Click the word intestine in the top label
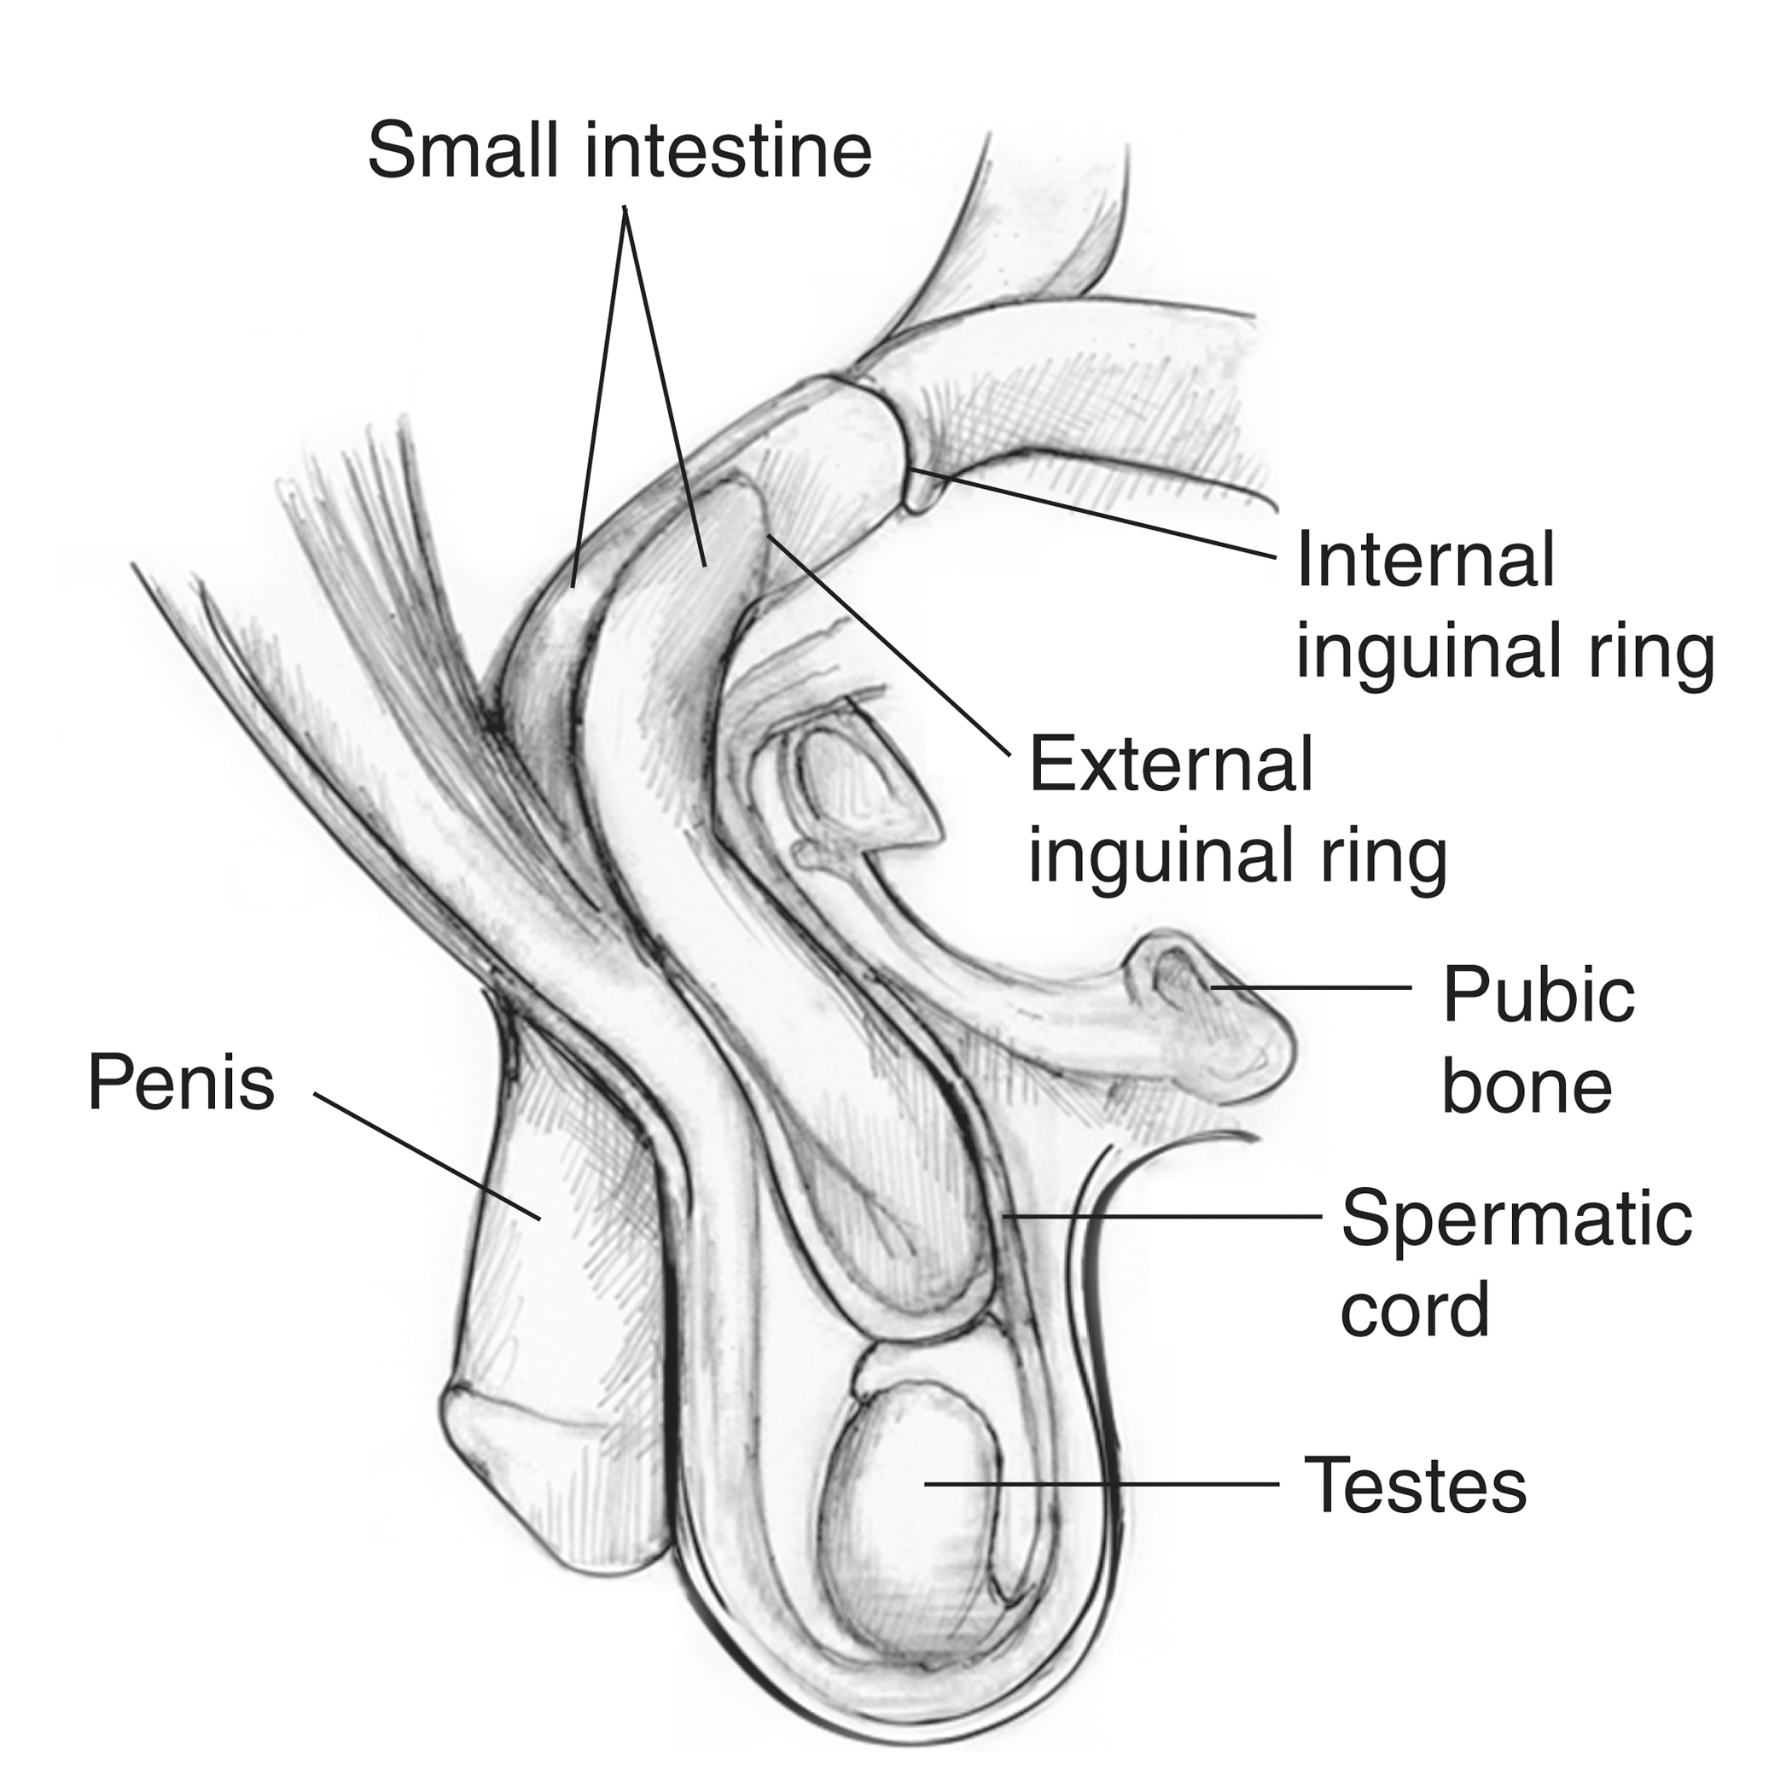coord(728,150)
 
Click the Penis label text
coord(182,1081)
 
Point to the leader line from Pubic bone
coord(1311,988)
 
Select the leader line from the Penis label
coord(428,1156)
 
